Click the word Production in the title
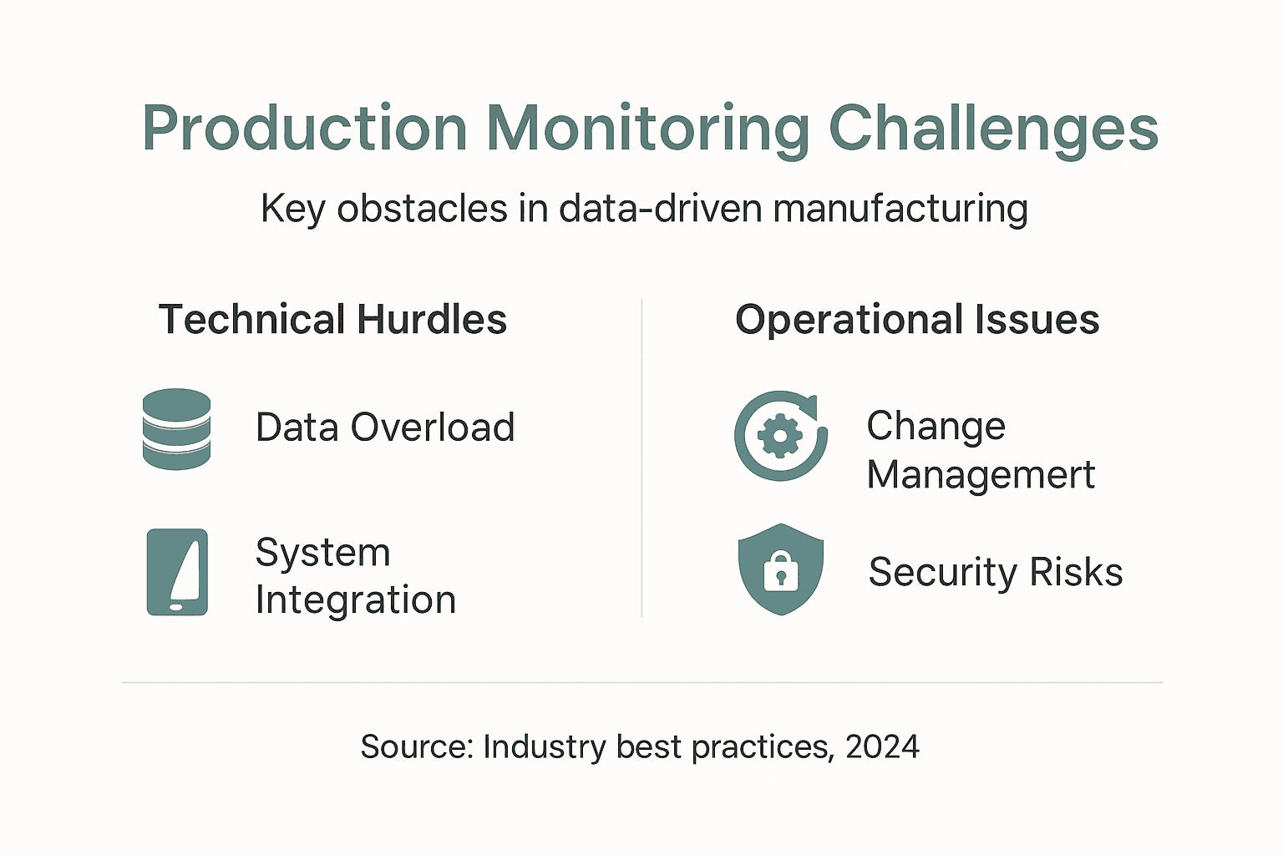point(305,129)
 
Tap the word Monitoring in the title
point(647,129)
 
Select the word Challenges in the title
point(992,129)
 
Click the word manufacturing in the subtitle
point(900,209)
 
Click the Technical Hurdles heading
point(332,320)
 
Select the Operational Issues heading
point(916,320)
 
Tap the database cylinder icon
point(176,428)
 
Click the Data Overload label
point(385,427)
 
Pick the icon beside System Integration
point(177,572)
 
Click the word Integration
point(356,600)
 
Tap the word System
point(322,553)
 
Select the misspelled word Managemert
point(980,475)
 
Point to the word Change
point(936,427)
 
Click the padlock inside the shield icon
point(781,572)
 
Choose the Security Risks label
point(995,573)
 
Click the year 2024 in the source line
point(882,746)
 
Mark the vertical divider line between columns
point(641,459)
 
